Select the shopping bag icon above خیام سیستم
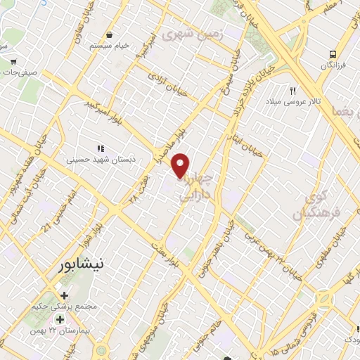[109, 34]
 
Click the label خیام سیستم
[110, 46]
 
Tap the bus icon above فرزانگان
[333, 53]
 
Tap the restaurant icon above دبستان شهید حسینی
[101, 148]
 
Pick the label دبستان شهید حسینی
[99, 160]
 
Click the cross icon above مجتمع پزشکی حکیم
[65, 295]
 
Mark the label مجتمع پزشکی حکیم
[65, 307]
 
